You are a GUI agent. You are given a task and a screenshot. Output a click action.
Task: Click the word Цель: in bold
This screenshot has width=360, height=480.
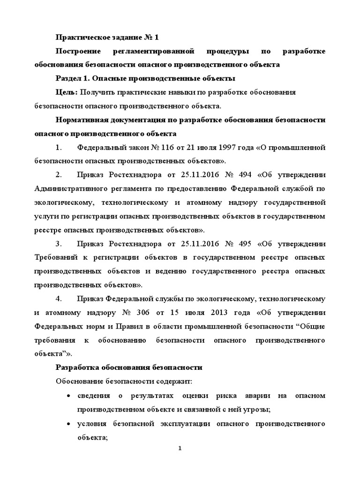tap(67, 92)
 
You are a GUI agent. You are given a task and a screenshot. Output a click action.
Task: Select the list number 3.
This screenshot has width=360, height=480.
tap(59, 245)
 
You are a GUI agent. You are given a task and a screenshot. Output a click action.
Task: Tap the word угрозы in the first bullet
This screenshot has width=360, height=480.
tap(257, 410)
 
